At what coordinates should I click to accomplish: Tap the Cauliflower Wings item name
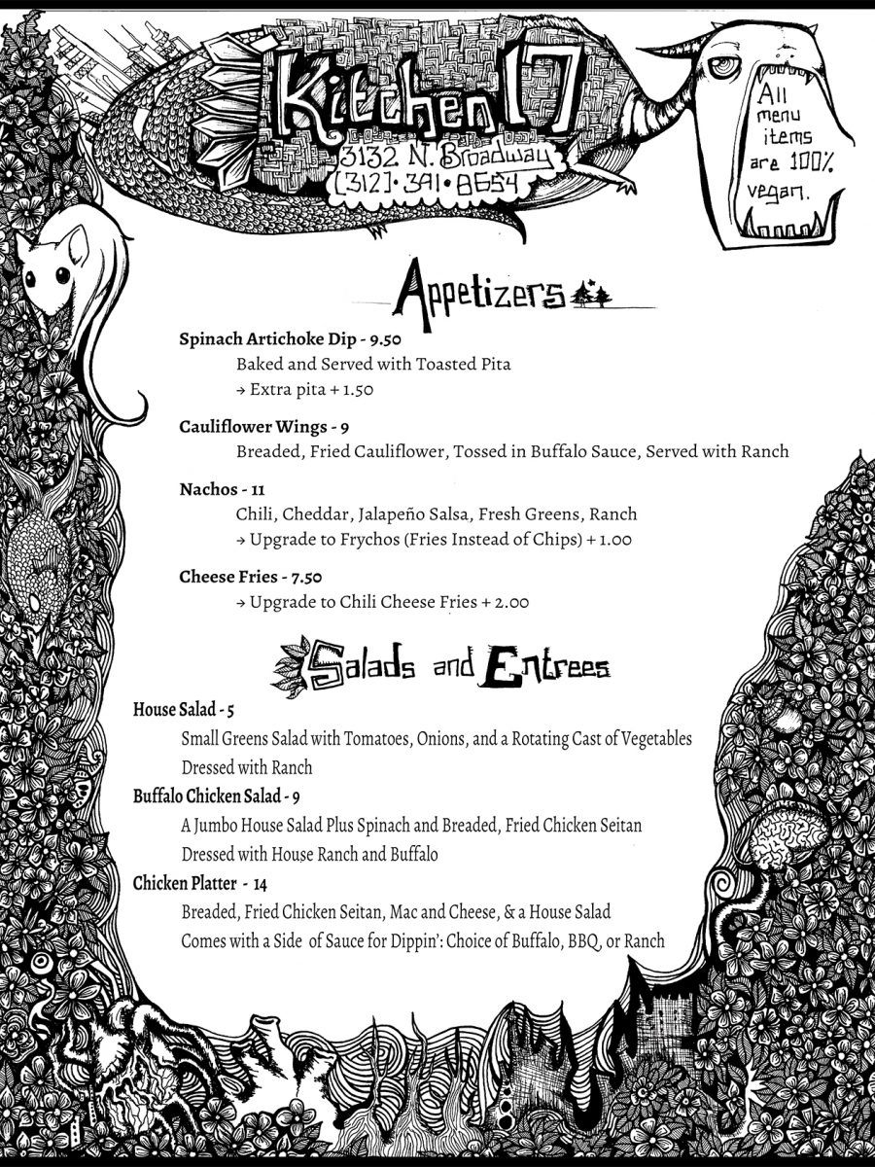click(x=253, y=427)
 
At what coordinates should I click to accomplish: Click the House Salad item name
click(x=174, y=709)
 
